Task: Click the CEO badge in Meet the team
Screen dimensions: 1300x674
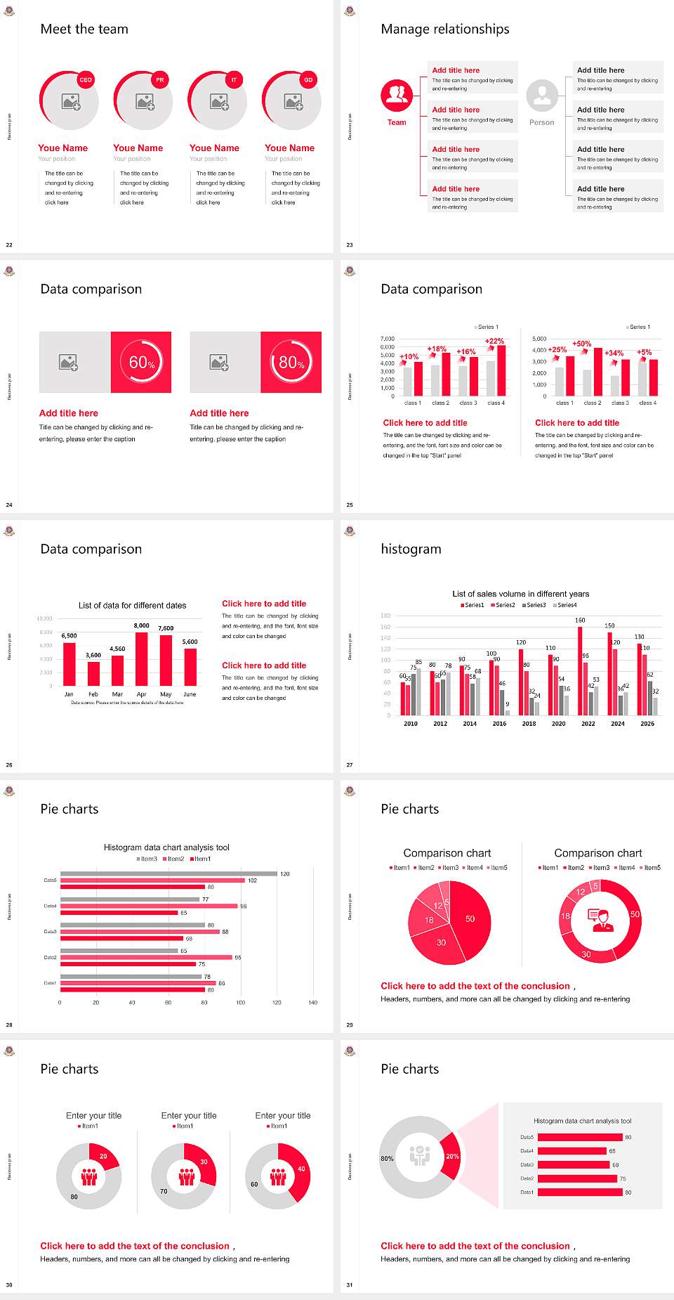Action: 86,80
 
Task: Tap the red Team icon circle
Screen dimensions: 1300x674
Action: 397,96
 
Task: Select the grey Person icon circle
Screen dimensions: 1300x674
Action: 542,96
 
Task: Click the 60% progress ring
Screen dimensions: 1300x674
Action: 141,362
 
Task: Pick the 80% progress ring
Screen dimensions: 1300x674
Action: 291,362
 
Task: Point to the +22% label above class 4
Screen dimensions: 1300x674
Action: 494,341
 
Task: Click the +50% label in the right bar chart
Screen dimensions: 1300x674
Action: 582,344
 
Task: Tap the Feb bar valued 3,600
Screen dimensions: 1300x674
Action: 93,673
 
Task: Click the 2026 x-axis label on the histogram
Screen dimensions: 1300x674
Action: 647,723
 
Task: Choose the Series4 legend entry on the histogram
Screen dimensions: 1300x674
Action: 565,605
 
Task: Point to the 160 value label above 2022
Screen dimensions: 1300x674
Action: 580,620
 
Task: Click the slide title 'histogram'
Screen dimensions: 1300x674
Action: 411,549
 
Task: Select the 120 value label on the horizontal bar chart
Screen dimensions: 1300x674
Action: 285,873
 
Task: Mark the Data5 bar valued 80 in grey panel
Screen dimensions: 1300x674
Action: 580,1137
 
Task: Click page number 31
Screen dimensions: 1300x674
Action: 350,1285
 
